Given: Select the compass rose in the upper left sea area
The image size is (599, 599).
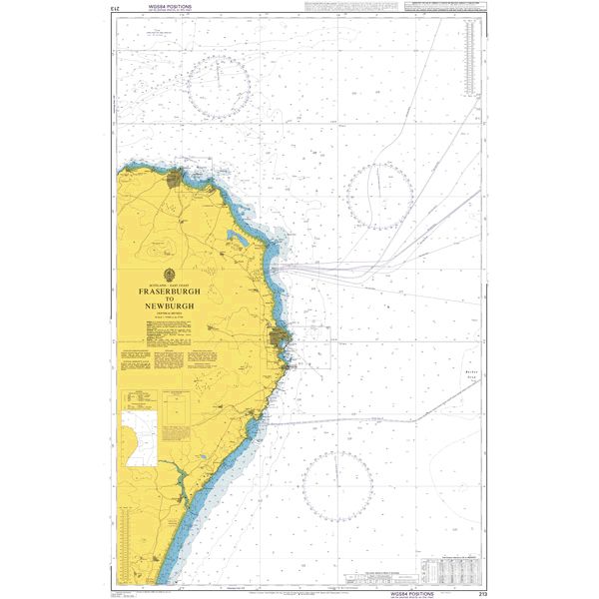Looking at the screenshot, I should point(221,86).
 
